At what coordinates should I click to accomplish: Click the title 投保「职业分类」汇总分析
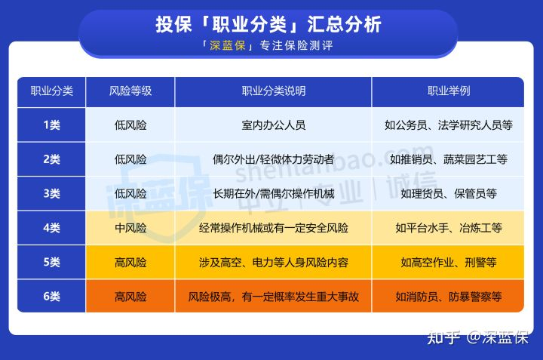click(268, 25)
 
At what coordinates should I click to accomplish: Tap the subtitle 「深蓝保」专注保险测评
click(268, 45)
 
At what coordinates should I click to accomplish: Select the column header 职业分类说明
click(274, 91)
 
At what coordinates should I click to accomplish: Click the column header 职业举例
click(449, 91)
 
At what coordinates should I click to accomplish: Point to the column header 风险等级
click(130, 91)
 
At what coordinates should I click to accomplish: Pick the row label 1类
click(51, 125)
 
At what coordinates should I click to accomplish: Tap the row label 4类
click(51, 228)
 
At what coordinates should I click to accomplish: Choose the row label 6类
click(51, 297)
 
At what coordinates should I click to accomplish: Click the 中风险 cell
click(130, 228)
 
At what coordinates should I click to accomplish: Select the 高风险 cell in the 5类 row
click(130, 263)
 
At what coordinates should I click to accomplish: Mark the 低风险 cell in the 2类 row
click(130, 159)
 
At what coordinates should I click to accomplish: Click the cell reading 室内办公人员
click(274, 125)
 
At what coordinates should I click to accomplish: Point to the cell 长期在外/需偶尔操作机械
click(274, 193)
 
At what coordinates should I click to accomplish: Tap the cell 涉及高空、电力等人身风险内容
click(274, 263)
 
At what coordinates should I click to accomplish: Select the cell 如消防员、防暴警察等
click(449, 297)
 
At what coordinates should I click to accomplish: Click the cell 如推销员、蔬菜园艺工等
click(449, 159)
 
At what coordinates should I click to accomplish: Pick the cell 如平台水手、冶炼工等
click(449, 228)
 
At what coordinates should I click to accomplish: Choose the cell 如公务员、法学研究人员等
click(449, 125)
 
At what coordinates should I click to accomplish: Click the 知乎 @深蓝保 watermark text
click(478, 337)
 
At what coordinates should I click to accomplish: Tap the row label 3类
click(51, 193)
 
